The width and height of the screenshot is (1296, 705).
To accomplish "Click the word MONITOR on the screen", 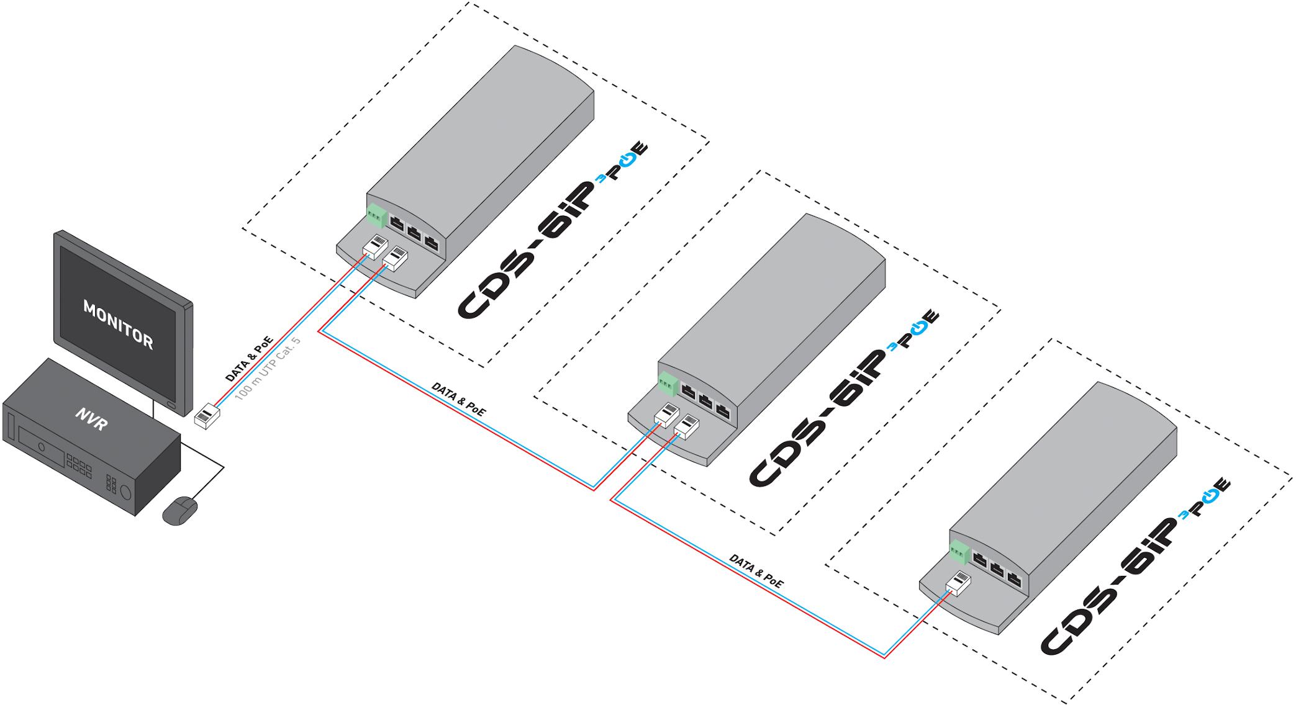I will tap(118, 326).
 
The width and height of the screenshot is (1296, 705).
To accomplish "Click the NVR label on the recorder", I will tap(92, 420).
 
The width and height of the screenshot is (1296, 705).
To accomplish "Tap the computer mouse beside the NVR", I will tap(180, 510).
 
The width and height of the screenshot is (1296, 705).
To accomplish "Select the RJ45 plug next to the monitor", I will tap(207, 415).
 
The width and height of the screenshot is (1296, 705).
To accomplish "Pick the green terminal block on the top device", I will tap(375, 215).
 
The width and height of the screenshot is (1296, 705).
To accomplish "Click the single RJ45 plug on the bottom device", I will tap(957, 583).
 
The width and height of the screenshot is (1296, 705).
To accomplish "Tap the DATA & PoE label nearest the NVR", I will tap(248, 359).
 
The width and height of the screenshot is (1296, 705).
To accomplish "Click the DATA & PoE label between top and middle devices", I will tap(459, 399).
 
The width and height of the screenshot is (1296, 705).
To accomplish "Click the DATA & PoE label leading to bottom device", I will tap(756, 571).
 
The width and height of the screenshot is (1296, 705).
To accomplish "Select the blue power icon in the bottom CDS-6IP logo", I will tap(1210, 496).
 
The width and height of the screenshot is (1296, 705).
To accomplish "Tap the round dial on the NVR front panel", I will tap(126, 493).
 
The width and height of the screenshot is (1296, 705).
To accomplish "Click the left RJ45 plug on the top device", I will tap(375, 247).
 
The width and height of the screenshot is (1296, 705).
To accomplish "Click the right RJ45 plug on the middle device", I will tap(686, 427).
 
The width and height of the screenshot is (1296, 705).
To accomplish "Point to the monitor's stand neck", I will tap(153, 408).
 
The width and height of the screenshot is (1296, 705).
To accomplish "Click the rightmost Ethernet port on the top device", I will tap(432, 243).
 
